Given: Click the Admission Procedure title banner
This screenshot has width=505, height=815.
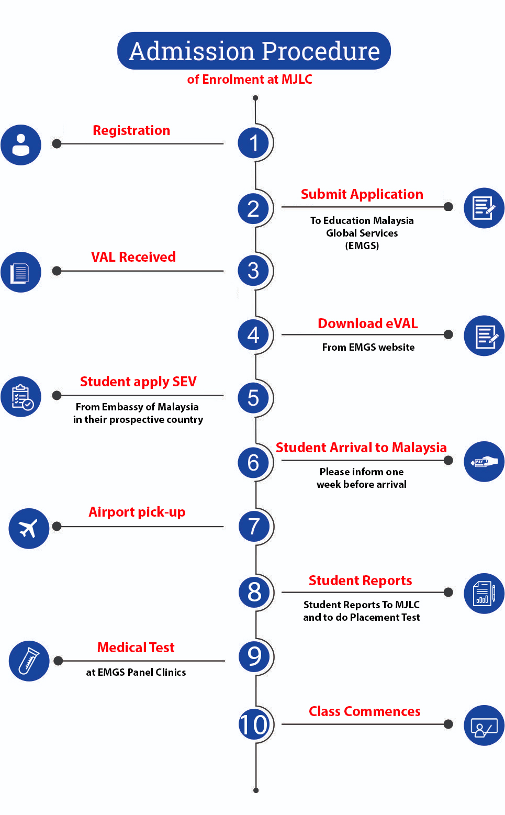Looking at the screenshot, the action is click(254, 51).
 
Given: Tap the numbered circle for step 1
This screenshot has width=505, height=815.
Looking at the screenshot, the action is click(253, 142).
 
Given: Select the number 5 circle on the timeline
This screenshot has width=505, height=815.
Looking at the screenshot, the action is click(253, 398).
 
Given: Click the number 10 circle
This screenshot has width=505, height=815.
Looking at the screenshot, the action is click(254, 724).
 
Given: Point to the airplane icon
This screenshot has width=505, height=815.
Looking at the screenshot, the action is click(29, 528).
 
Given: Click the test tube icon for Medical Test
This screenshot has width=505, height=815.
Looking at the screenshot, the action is click(29, 661).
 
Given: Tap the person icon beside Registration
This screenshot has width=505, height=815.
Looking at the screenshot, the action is click(21, 145).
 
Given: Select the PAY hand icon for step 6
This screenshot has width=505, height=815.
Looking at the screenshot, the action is click(484, 462).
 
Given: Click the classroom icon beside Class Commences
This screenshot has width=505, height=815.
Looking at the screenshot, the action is click(484, 725).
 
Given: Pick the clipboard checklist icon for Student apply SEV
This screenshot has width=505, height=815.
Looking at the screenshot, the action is click(21, 397).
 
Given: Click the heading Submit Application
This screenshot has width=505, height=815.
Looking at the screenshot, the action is click(362, 194).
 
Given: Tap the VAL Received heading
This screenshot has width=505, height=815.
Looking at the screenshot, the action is click(133, 257).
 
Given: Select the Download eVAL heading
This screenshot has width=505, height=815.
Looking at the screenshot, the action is click(368, 323).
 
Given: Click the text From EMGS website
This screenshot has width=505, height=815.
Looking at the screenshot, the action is click(368, 347).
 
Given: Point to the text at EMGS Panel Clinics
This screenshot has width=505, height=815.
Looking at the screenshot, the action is click(136, 672).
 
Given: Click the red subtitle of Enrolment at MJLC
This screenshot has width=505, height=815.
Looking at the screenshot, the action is click(250, 80).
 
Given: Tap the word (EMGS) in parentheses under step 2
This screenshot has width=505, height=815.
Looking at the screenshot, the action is click(362, 245).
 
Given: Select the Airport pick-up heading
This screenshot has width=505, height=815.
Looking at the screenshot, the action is click(137, 512).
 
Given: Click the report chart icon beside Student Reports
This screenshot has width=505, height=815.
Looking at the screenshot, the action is click(484, 594).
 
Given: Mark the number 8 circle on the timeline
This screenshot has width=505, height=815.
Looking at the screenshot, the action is click(254, 591).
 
